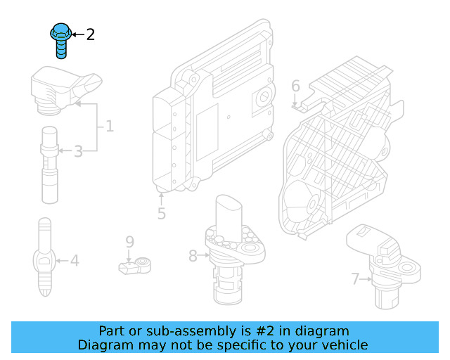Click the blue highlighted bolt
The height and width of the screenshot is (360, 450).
click(61, 39)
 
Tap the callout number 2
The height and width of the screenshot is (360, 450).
click(90, 34)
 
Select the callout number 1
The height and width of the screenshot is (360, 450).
click(109, 127)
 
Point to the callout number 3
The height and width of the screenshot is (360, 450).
click(78, 150)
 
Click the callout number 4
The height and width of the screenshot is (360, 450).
click(74, 262)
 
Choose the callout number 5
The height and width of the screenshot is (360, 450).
click(162, 213)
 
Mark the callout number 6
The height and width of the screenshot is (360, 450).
click(295, 86)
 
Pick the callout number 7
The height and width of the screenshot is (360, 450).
click(356, 279)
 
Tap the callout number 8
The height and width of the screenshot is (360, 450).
click(193, 256)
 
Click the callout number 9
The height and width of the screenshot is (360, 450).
click(129, 242)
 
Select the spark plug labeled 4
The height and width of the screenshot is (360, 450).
click(44, 258)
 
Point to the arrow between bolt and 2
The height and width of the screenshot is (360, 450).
click(77, 34)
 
